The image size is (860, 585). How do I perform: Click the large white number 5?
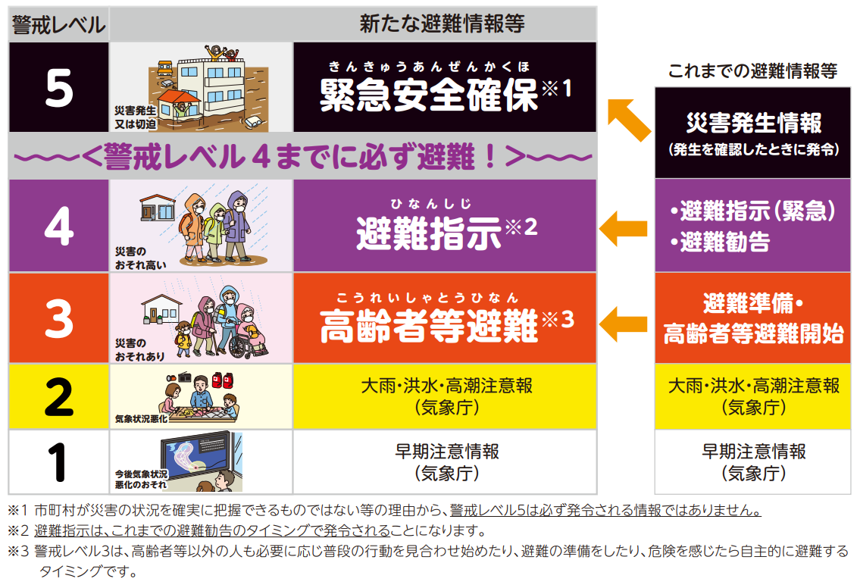pyautogui.click(x=58, y=88)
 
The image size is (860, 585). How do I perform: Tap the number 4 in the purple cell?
pyautogui.click(x=58, y=225)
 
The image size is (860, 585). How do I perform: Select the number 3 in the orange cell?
pyautogui.click(x=58, y=318)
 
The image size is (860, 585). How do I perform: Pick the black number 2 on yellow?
pyautogui.click(x=58, y=396)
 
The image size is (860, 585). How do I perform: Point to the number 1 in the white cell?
pyautogui.click(x=57, y=462)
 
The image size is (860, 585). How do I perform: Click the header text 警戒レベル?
pyautogui.click(x=58, y=25)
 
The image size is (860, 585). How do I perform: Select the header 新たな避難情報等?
pyautogui.click(x=442, y=23)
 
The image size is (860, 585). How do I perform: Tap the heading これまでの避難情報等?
pyautogui.click(x=752, y=70)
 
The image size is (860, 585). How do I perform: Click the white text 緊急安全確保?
pyautogui.click(x=429, y=95)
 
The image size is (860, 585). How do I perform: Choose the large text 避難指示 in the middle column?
pyautogui.click(x=429, y=233)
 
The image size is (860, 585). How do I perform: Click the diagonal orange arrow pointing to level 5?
pyautogui.click(x=630, y=120)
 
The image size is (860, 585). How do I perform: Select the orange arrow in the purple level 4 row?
pyautogui.click(x=623, y=228)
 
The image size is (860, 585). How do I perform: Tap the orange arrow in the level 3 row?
pyautogui.click(x=623, y=324)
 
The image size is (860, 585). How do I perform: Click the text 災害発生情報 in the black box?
pyautogui.click(x=754, y=122)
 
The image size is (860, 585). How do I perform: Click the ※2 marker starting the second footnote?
pyautogui.click(x=18, y=530)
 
